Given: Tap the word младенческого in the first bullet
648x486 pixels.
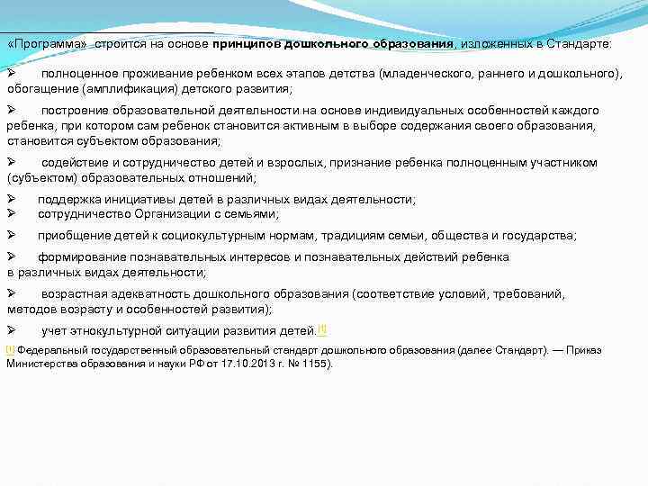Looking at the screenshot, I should pyautogui.click(x=429, y=73).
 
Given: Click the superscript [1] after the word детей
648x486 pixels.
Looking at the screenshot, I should pyautogui.click(x=322, y=328).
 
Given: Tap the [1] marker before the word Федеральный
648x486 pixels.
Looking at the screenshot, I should pyautogui.click(x=11, y=349).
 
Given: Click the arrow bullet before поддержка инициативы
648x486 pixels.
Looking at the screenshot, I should pyautogui.click(x=11, y=199).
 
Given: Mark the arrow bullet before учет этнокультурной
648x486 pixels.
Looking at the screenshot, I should pyautogui.click(x=11, y=329).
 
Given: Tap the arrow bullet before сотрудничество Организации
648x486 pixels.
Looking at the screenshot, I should pyautogui.click(x=11, y=213).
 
